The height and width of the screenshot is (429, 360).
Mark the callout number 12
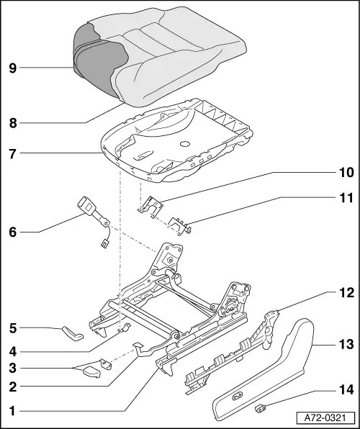346,293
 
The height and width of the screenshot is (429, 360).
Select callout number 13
346,344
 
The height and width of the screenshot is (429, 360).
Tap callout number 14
346,390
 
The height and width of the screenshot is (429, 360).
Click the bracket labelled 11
179,224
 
